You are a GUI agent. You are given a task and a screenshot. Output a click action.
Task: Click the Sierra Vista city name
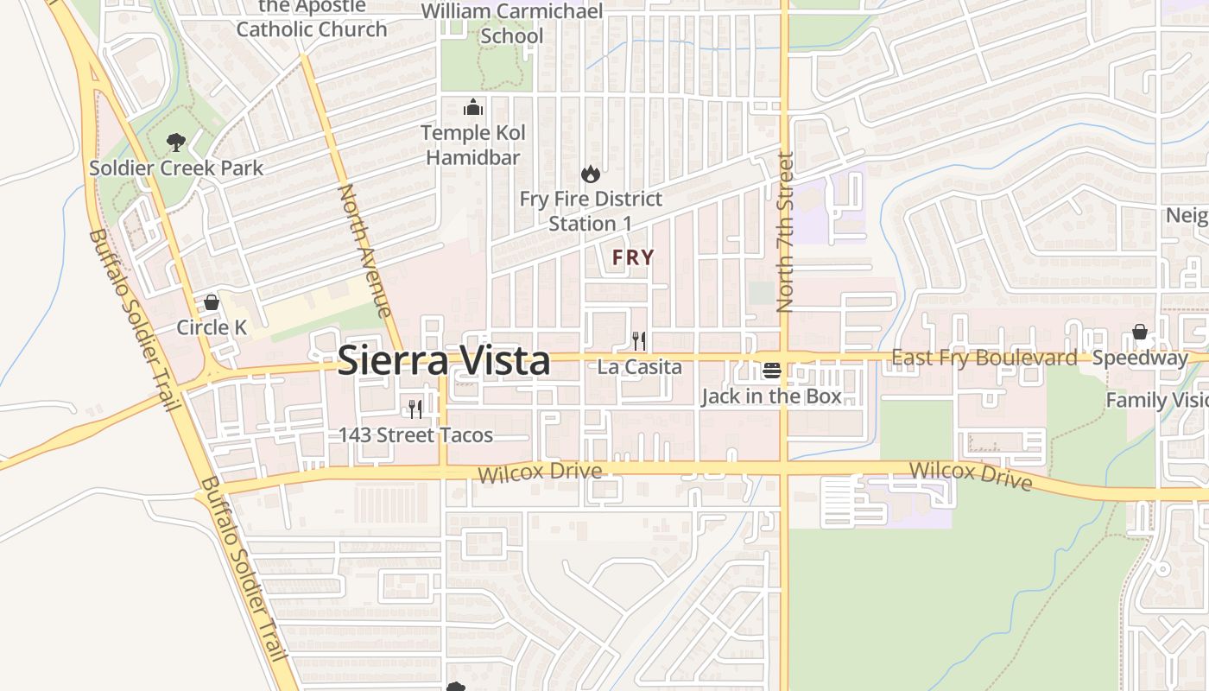443,360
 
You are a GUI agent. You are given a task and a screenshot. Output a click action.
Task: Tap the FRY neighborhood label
633,257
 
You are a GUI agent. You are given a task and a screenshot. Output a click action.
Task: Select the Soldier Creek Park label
176,168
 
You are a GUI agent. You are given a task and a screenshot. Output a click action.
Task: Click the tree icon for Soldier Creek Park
176,142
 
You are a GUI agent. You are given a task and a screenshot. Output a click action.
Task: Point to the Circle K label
212,327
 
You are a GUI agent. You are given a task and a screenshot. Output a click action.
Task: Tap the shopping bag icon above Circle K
212,302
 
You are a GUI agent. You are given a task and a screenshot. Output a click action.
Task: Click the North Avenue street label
365,250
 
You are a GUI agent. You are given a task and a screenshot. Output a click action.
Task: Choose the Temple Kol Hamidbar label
473,145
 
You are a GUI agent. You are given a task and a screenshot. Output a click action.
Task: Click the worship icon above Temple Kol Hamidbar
473,107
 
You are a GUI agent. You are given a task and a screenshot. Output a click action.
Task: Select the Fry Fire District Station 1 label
591,211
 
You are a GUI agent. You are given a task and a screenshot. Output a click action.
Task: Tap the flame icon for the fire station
591,174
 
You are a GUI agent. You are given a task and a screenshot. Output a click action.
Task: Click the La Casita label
639,367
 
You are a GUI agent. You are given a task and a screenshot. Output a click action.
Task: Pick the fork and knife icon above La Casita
639,341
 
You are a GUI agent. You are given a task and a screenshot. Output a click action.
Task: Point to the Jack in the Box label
771,396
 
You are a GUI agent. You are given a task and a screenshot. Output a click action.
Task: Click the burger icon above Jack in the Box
772,371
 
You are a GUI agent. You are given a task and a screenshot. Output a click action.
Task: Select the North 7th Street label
785,231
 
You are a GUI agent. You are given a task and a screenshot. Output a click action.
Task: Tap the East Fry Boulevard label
984,358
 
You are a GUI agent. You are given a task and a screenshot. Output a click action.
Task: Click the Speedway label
1140,358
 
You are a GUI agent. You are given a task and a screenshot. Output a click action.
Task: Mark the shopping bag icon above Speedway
1140,333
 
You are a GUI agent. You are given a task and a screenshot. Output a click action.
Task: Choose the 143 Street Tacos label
415,434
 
